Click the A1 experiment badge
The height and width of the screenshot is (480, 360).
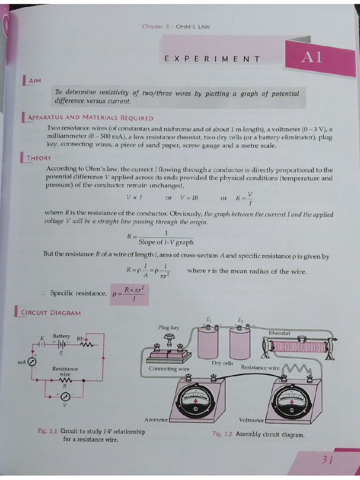tap(312, 58)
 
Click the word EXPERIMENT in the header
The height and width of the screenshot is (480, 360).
tap(212, 59)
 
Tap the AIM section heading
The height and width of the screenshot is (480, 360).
tap(35, 81)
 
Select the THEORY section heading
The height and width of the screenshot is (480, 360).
tap(39, 158)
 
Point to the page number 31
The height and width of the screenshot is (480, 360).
tap(328, 459)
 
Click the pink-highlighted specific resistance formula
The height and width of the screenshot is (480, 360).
tap(129, 293)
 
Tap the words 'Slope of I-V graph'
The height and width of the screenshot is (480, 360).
tap(166, 242)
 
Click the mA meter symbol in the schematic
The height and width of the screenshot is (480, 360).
tap(33, 362)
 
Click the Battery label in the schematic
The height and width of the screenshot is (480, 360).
tap(61, 336)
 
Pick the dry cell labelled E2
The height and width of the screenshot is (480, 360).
tap(240, 343)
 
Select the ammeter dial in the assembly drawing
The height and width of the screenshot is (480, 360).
tap(197, 401)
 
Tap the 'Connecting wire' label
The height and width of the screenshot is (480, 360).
tap(169, 369)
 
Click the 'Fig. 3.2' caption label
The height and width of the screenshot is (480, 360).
tap(223, 435)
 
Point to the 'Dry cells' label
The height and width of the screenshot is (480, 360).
tap(222, 363)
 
